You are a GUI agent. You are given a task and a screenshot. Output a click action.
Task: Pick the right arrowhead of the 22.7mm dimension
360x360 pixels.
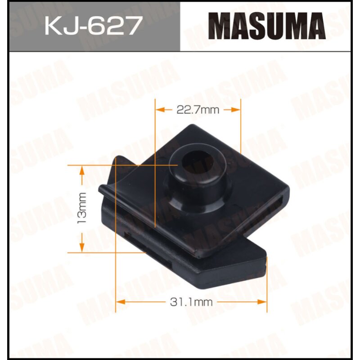[x=237, y=109]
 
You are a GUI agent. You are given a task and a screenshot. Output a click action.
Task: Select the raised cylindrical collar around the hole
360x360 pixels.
[x=198, y=189]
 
